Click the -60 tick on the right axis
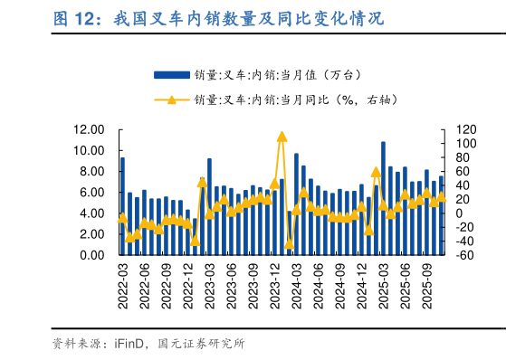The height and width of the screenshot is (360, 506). point(463,255)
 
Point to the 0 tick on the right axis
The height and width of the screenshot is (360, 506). point(459,213)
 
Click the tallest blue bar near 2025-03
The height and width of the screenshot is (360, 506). point(384,198)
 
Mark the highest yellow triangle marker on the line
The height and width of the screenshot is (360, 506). point(282,137)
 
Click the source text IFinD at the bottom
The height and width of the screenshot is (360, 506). point(129,344)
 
